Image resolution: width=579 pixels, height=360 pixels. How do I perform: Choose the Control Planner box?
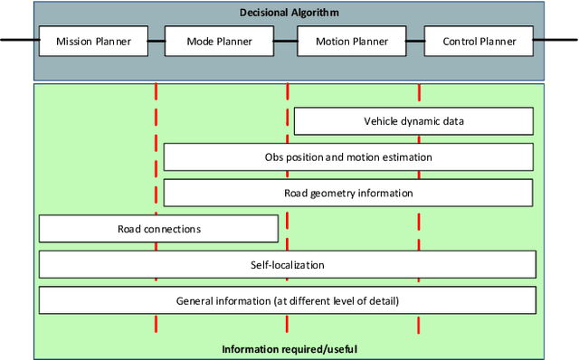pos(479,41)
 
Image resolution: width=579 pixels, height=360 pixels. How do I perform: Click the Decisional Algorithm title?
pos(289,13)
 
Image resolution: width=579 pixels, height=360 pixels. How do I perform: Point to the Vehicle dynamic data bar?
pos(414,121)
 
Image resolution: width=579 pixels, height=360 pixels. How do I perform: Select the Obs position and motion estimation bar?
pos(348,157)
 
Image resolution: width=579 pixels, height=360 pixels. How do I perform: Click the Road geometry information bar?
pos(348,193)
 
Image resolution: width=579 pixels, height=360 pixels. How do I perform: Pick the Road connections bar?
pos(158,229)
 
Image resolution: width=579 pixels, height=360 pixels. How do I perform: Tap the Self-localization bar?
pos(287,265)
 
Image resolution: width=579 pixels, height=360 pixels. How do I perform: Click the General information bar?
pos(287,300)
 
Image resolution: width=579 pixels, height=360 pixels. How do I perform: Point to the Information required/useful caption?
pos(289,349)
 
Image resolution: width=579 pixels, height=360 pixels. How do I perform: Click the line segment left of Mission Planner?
pos(18,41)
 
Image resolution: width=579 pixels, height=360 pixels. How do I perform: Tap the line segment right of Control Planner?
pos(555,41)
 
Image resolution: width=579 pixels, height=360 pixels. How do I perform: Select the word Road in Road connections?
pos(131,229)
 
